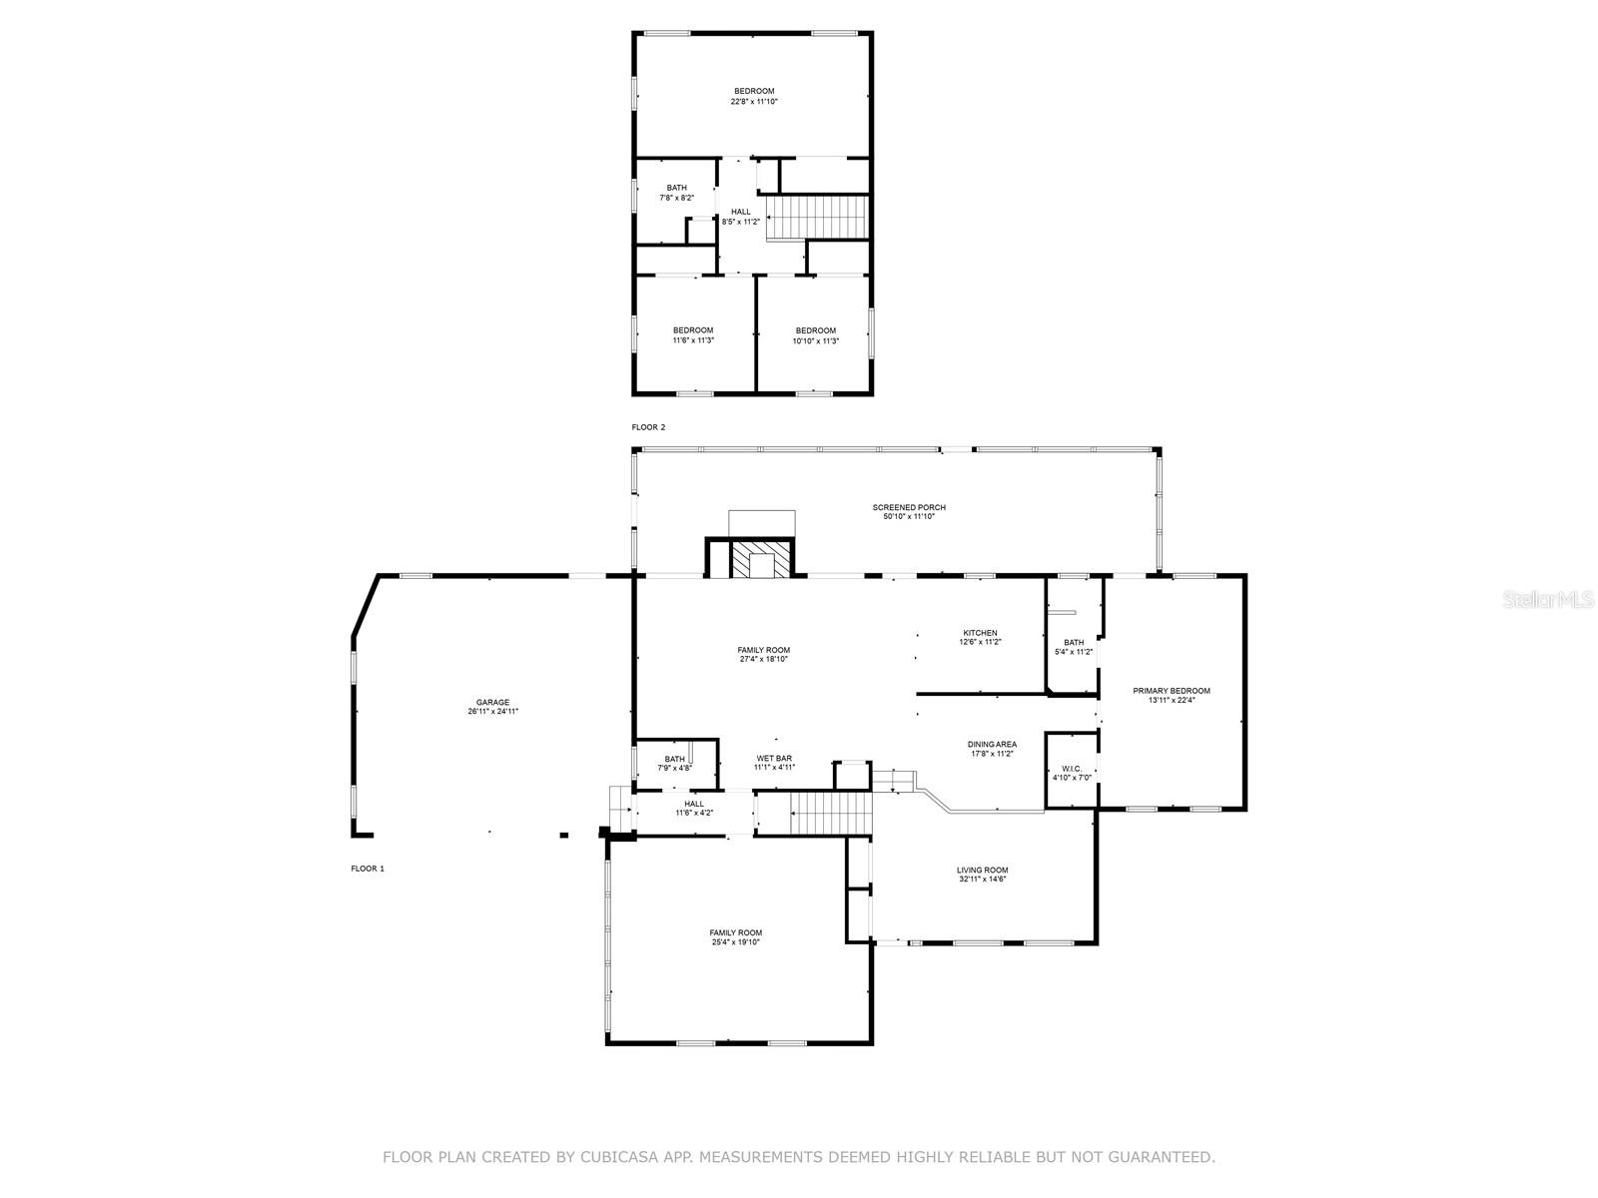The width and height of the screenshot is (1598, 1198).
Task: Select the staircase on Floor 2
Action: pos(816,217)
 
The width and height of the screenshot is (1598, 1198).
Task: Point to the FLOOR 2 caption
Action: pos(648,427)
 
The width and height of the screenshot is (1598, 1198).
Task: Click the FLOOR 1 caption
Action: pos(368,869)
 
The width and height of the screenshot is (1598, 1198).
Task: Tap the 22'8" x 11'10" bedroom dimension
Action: pos(754,101)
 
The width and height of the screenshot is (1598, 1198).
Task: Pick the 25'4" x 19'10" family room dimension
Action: pos(736,941)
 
